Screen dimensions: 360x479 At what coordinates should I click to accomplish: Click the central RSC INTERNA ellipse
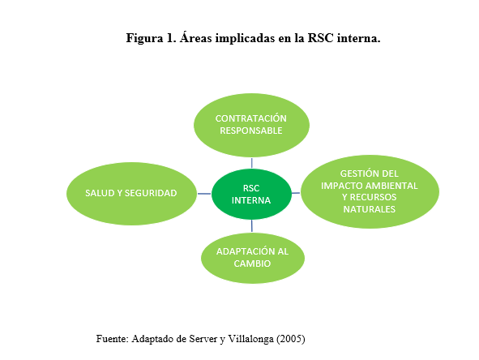(251, 193)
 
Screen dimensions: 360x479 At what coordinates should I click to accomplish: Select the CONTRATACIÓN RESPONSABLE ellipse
(251, 124)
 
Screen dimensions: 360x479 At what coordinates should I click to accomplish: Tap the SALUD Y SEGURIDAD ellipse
(132, 193)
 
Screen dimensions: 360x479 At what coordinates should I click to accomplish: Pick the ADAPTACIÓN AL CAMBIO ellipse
(253, 258)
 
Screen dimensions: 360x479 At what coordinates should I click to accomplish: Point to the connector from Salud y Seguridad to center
(204, 193)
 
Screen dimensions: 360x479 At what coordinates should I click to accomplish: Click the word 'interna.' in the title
(357, 38)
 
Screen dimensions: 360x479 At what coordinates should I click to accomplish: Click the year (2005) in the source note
(289, 337)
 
